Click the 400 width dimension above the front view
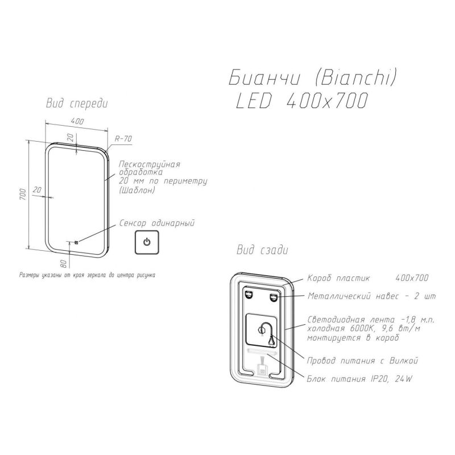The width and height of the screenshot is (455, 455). click(77, 121)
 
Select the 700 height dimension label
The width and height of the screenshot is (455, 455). click(23, 194)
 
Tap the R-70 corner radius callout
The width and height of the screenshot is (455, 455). click(123, 139)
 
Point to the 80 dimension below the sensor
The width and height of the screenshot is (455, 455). click(64, 263)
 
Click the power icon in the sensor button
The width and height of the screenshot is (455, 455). click(147, 242)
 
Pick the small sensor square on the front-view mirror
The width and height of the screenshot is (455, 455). click(76, 242)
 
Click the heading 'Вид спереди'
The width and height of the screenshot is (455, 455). click(77, 104)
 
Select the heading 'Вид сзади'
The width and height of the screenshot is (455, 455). click(262, 250)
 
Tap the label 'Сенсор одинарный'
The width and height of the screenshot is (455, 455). click(157, 223)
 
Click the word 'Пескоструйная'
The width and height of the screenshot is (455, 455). click(150, 164)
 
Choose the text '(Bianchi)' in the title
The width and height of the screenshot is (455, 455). click(355, 78)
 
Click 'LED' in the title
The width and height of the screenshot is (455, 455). click(254, 101)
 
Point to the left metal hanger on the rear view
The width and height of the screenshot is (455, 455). click(249, 295)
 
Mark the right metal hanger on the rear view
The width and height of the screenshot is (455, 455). click(274, 297)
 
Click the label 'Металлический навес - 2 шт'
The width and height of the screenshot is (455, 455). click(372, 296)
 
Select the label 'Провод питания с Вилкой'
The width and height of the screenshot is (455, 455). click(362, 361)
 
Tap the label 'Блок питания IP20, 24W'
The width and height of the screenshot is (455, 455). click(359, 379)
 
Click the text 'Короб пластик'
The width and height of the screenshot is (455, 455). click(338, 278)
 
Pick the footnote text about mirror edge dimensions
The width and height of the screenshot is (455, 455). click(87, 275)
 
